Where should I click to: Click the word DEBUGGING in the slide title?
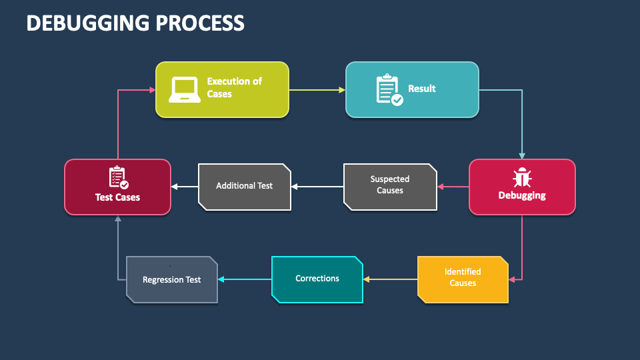click(x=88, y=23)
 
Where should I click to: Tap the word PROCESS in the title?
click(x=200, y=23)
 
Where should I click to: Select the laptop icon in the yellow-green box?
click(x=185, y=89)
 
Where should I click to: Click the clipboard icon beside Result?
click(x=389, y=90)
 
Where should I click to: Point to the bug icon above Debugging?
click(x=522, y=177)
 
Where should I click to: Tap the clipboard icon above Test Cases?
click(x=119, y=177)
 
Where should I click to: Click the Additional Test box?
click(x=245, y=187)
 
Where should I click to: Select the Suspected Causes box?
click(x=390, y=187)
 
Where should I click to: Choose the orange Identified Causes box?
click(x=463, y=279)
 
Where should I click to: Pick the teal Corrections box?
click(x=317, y=279)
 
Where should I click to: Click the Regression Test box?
click(x=172, y=279)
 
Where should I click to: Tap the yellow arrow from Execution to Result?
click(x=317, y=90)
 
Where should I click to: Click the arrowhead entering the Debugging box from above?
click(x=522, y=156)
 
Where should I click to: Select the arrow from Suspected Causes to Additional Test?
click(x=317, y=187)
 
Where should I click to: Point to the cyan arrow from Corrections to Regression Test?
click(x=245, y=279)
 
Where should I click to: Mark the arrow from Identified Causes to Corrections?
click(x=390, y=279)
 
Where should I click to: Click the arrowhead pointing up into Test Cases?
click(x=118, y=219)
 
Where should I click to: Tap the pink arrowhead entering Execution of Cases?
click(x=153, y=90)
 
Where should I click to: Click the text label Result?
click(x=421, y=89)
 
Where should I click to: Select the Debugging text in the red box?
click(x=522, y=195)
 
